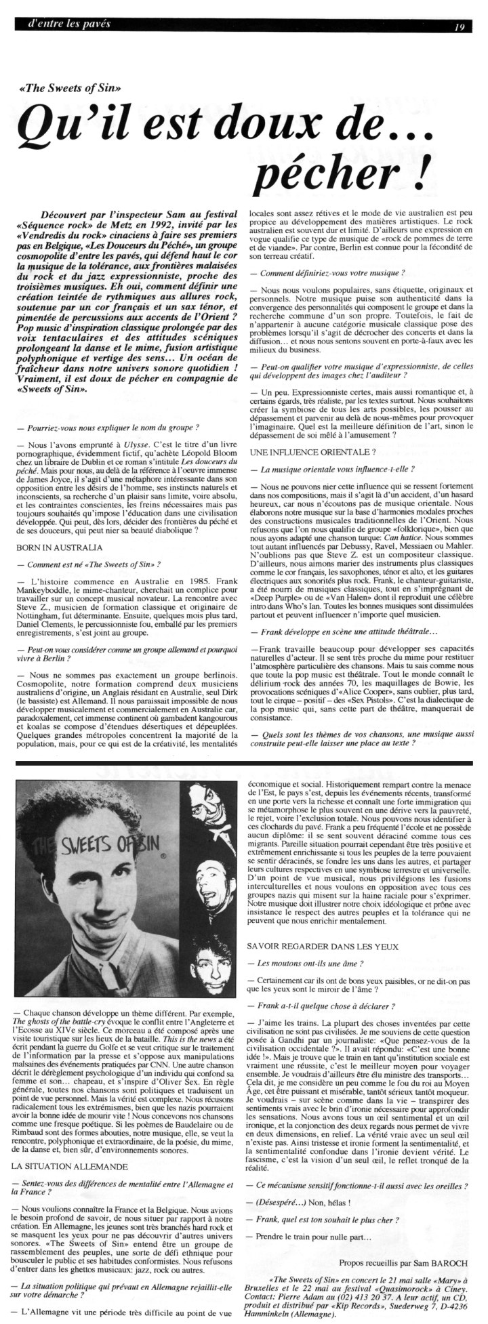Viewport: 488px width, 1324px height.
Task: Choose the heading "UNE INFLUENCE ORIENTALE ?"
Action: coord(302,451)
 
